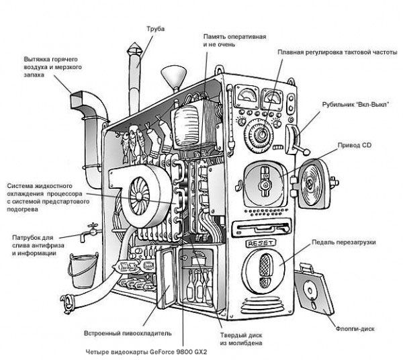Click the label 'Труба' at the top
coord(155,29)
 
